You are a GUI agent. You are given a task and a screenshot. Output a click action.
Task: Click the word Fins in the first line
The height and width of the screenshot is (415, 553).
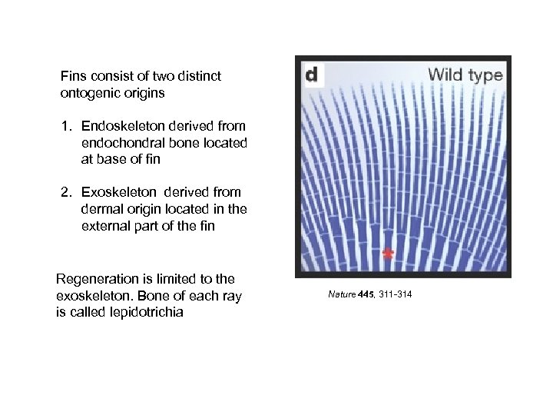click(73, 76)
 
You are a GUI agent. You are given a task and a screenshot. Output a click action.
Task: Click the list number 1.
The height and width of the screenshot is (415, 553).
click(67, 126)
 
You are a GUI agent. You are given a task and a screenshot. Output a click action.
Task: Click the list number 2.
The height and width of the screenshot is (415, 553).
click(67, 192)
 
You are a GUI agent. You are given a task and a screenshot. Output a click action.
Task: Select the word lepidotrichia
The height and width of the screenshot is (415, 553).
click(147, 313)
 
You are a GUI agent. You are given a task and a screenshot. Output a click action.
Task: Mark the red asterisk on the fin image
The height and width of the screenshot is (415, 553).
click(388, 254)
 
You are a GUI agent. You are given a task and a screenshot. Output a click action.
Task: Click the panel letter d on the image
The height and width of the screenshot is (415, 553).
click(312, 75)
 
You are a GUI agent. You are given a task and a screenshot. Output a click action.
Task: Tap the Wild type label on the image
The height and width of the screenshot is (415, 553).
click(465, 75)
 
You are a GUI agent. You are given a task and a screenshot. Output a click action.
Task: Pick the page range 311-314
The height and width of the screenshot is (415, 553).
click(395, 294)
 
